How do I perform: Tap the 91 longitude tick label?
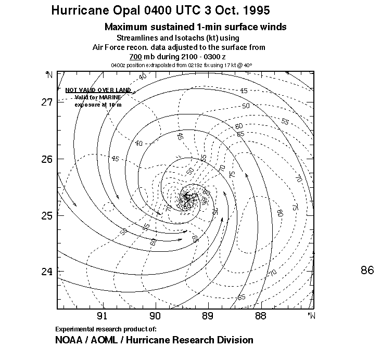[102, 315]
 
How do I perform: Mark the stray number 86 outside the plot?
[367, 270]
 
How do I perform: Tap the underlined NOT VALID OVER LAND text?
[90, 90]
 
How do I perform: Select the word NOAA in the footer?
[69, 340]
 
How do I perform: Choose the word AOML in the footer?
[107, 340]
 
